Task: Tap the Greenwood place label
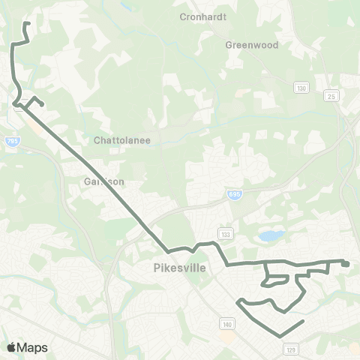click(252, 45)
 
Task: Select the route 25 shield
click(331, 96)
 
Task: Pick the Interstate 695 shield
click(235, 194)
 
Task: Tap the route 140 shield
click(226, 323)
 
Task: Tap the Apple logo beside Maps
click(12, 347)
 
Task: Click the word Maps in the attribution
click(33, 347)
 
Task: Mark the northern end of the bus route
click(27, 23)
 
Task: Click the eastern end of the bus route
click(347, 263)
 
